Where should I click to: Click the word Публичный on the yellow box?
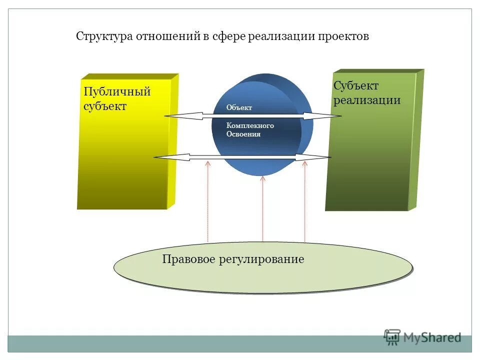point(117,92)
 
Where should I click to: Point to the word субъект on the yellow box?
point(105,106)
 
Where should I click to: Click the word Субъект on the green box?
point(356,86)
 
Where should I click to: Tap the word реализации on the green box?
point(367,100)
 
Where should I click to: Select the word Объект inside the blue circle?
point(239,107)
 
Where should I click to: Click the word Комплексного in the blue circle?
point(250,126)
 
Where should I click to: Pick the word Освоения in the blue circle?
point(243,134)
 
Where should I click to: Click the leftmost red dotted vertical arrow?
point(208,200)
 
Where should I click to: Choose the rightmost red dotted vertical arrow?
point(305,200)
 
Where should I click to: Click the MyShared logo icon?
point(392,337)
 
